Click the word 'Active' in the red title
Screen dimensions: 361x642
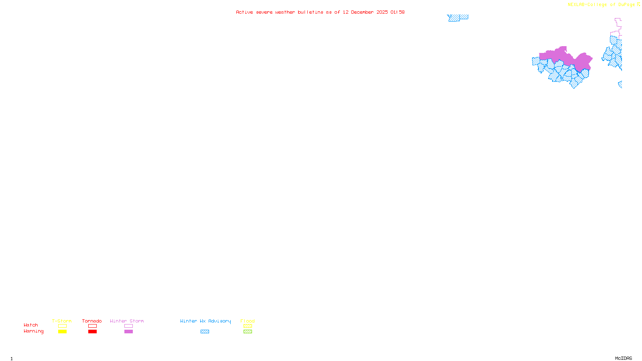[244, 12]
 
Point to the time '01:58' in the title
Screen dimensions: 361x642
[398, 12]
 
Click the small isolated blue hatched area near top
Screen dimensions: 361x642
[457, 18]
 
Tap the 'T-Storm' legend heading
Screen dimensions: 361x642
[62, 321]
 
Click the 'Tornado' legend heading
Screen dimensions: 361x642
[92, 321]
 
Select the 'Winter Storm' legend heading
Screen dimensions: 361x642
[127, 321]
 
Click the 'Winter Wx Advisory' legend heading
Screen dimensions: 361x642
[205, 321]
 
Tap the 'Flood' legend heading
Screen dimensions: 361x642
[248, 321]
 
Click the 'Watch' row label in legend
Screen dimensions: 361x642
[31, 325]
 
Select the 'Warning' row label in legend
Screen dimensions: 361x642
[34, 331]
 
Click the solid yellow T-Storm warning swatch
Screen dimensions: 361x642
[62, 332]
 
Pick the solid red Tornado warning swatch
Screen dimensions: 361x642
[93, 332]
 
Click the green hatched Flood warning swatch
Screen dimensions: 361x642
[248, 332]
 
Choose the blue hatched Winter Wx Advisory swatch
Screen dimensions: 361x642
[205, 332]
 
